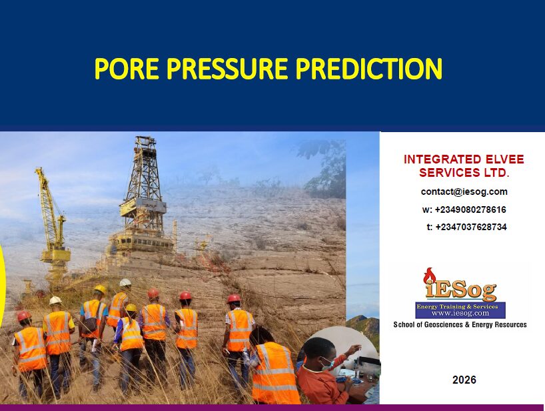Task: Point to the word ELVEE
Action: [501, 159]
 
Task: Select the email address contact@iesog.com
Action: [464, 191]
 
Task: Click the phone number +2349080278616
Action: [470, 210]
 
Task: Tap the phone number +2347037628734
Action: [471, 228]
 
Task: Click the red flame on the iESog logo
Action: [430, 276]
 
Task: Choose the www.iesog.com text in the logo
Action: [460, 313]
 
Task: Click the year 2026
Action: [464, 380]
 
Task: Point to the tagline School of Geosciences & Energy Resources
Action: [460, 325]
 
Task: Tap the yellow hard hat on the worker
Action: [100, 289]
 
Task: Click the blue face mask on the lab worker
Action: [326, 364]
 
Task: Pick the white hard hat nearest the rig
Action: [125, 282]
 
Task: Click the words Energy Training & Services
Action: [457, 307]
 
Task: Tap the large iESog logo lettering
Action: [460, 291]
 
